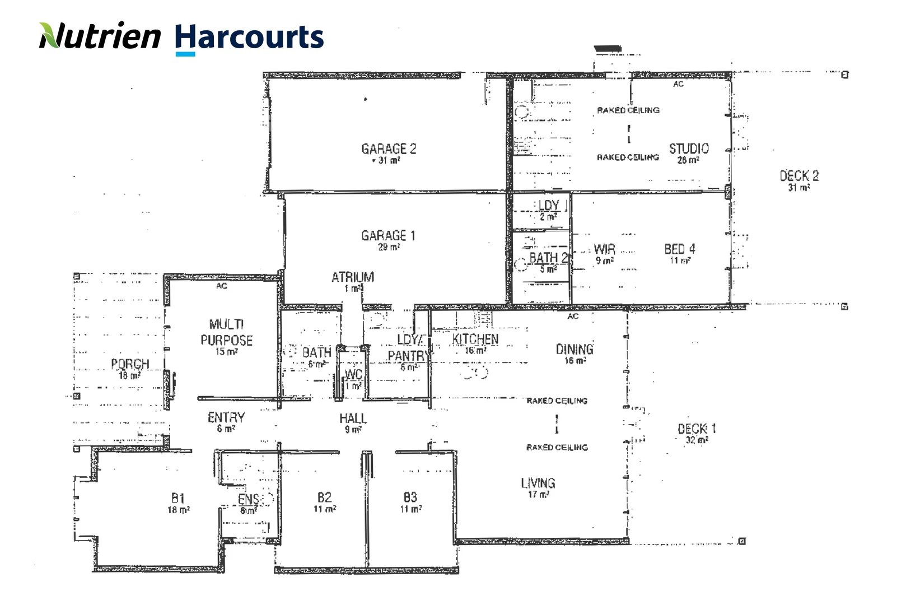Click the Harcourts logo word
249,38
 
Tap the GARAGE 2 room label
389,149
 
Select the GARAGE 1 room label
388,236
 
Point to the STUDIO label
689,149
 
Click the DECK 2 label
799,176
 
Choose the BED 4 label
680,249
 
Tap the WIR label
604,249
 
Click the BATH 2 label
548,258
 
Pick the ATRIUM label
353,277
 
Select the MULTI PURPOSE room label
226,332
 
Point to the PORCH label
130,364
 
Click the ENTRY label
226,418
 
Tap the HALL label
353,418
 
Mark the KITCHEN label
475,339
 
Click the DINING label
574,350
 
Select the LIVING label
538,483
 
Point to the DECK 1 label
697,429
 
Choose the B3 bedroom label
410,497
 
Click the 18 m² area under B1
179,510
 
